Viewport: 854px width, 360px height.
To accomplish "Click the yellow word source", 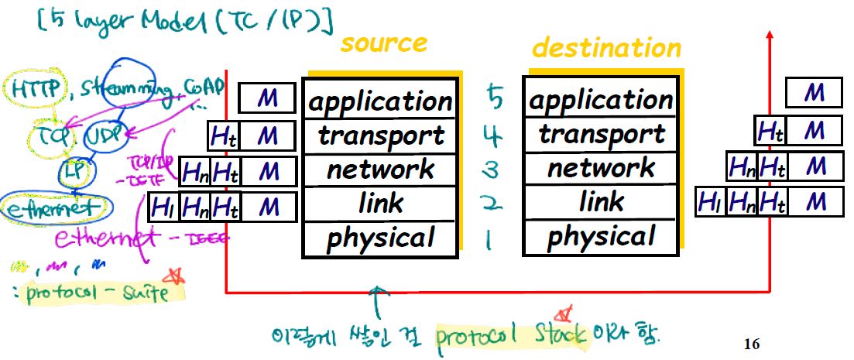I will coord(384,44).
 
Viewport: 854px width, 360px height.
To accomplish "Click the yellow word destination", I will coord(606,48).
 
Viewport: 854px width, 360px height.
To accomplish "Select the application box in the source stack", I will coord(379,101).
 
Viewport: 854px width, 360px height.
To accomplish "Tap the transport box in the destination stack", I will coord(602,135).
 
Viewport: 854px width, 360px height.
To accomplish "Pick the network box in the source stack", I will coord(379,169).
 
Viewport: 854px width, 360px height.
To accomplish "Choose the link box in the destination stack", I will coord(602,202).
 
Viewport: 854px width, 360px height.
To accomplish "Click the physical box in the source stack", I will coord(379,238).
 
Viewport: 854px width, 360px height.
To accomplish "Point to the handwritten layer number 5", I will coord(495,98).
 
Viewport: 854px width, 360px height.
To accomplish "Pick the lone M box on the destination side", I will coord(813,94).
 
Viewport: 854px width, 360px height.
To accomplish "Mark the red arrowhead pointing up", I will coord(769,35).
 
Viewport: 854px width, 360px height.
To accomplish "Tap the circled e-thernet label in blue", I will coord(53,207).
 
